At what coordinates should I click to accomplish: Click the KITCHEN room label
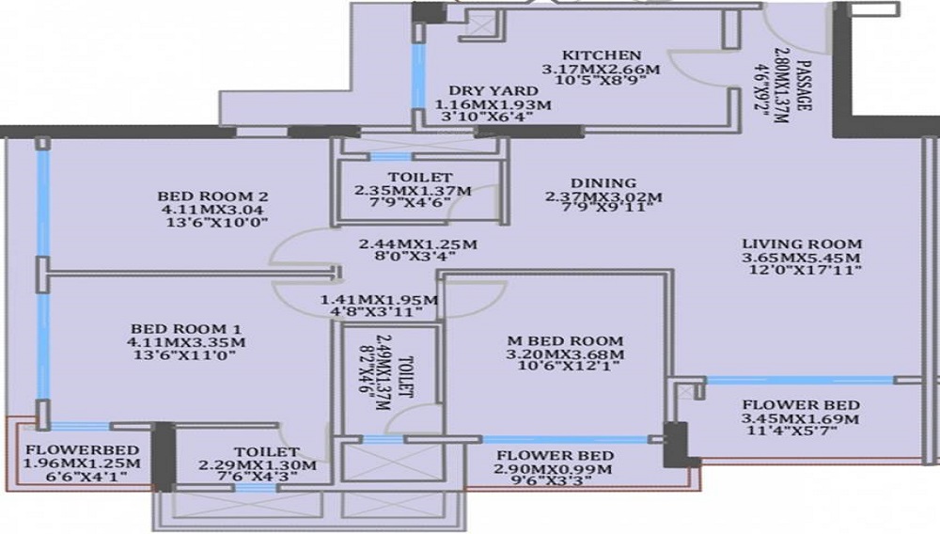[602, 55]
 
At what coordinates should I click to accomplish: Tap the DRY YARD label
[493, 91]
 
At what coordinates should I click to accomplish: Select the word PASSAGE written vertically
[804, 86]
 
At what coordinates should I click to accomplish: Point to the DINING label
[603, 183]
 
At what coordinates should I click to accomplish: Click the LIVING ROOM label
[802, 243]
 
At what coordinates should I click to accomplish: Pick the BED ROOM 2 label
[212, 196]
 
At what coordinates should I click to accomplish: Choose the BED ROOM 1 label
[186, 329]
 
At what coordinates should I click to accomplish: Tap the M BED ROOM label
[565, 341]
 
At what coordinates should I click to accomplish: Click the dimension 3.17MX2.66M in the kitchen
[602, 69]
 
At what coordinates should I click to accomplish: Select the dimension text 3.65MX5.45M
[802, 258]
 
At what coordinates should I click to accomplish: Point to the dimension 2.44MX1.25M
[418, 244]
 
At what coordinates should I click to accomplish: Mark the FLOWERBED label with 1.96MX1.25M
[82, 450]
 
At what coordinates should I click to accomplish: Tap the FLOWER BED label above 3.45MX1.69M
[801, 405]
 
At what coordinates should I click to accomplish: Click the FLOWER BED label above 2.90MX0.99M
[555, 456]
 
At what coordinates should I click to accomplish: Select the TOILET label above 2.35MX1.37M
[419, 178]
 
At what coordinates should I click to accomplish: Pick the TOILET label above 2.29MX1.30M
[266, 452]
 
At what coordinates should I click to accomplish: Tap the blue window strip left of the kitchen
[419, 75]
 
